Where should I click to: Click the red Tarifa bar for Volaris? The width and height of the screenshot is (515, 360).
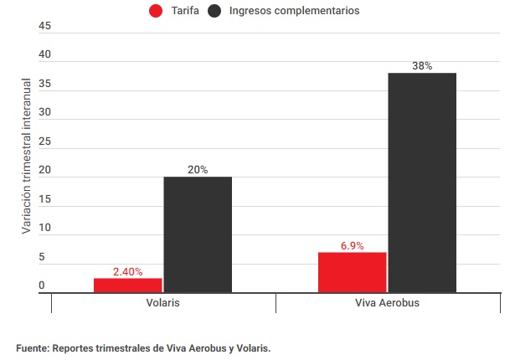pyautogui.click(x=127, y=285)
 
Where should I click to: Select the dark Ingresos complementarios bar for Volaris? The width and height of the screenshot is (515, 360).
pyautogui.click(x=198, y=234)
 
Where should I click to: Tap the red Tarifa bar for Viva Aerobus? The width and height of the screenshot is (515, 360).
pyautogui.click(x=352, y=272)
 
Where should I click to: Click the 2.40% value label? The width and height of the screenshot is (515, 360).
pyautogui.click(x=127, y=271)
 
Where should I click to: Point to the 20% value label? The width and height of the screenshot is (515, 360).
pyautogui.click(x=198, y=170)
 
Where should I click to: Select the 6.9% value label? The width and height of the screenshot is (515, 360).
pyautogui.click(x=352, y=246)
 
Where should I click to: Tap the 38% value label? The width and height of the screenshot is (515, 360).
pyautogui.click(x=422, y=66)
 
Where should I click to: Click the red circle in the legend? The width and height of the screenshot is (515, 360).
pyautogui.click(x=155, y=11)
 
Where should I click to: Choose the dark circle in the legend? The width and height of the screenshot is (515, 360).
pyautogui.click(x=216, y=11)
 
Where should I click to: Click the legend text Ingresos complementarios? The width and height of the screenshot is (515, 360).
pyautogui.click(x=294, y=11)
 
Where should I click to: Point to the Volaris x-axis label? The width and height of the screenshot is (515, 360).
pyautogui.click(x=163, y=302)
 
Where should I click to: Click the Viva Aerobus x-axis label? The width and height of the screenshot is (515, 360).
pyautogui.click(x=388, y=302)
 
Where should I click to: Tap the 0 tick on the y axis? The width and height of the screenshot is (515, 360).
pyautogui.click(x=41, y=286)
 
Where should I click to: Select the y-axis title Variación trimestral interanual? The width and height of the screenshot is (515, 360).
pyautogui.click(x=26, y=157)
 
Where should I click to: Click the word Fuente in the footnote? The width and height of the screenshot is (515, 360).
pyautogui.click(x=33, y=347)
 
